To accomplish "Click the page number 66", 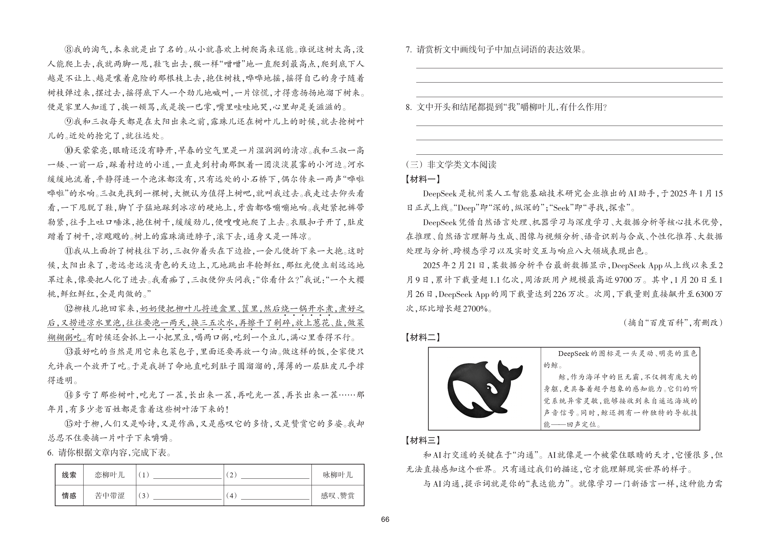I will (x=385, y=519).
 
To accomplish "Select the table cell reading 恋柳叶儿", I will (x=110, y=475).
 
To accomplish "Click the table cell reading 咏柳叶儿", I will (x=337, y=475).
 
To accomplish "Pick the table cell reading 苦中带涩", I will (x=110, y=496).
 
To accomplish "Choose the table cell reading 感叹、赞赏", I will (x=337, y=496).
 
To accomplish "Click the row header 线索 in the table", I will (x=69, y=475).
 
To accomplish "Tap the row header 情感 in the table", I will (x=69, y=496).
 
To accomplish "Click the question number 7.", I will (x=408, y=50).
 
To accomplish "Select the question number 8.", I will (x=408, y=107).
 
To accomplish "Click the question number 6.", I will (x=50, y=453).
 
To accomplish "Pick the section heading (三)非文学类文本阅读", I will (x=451, y=164).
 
